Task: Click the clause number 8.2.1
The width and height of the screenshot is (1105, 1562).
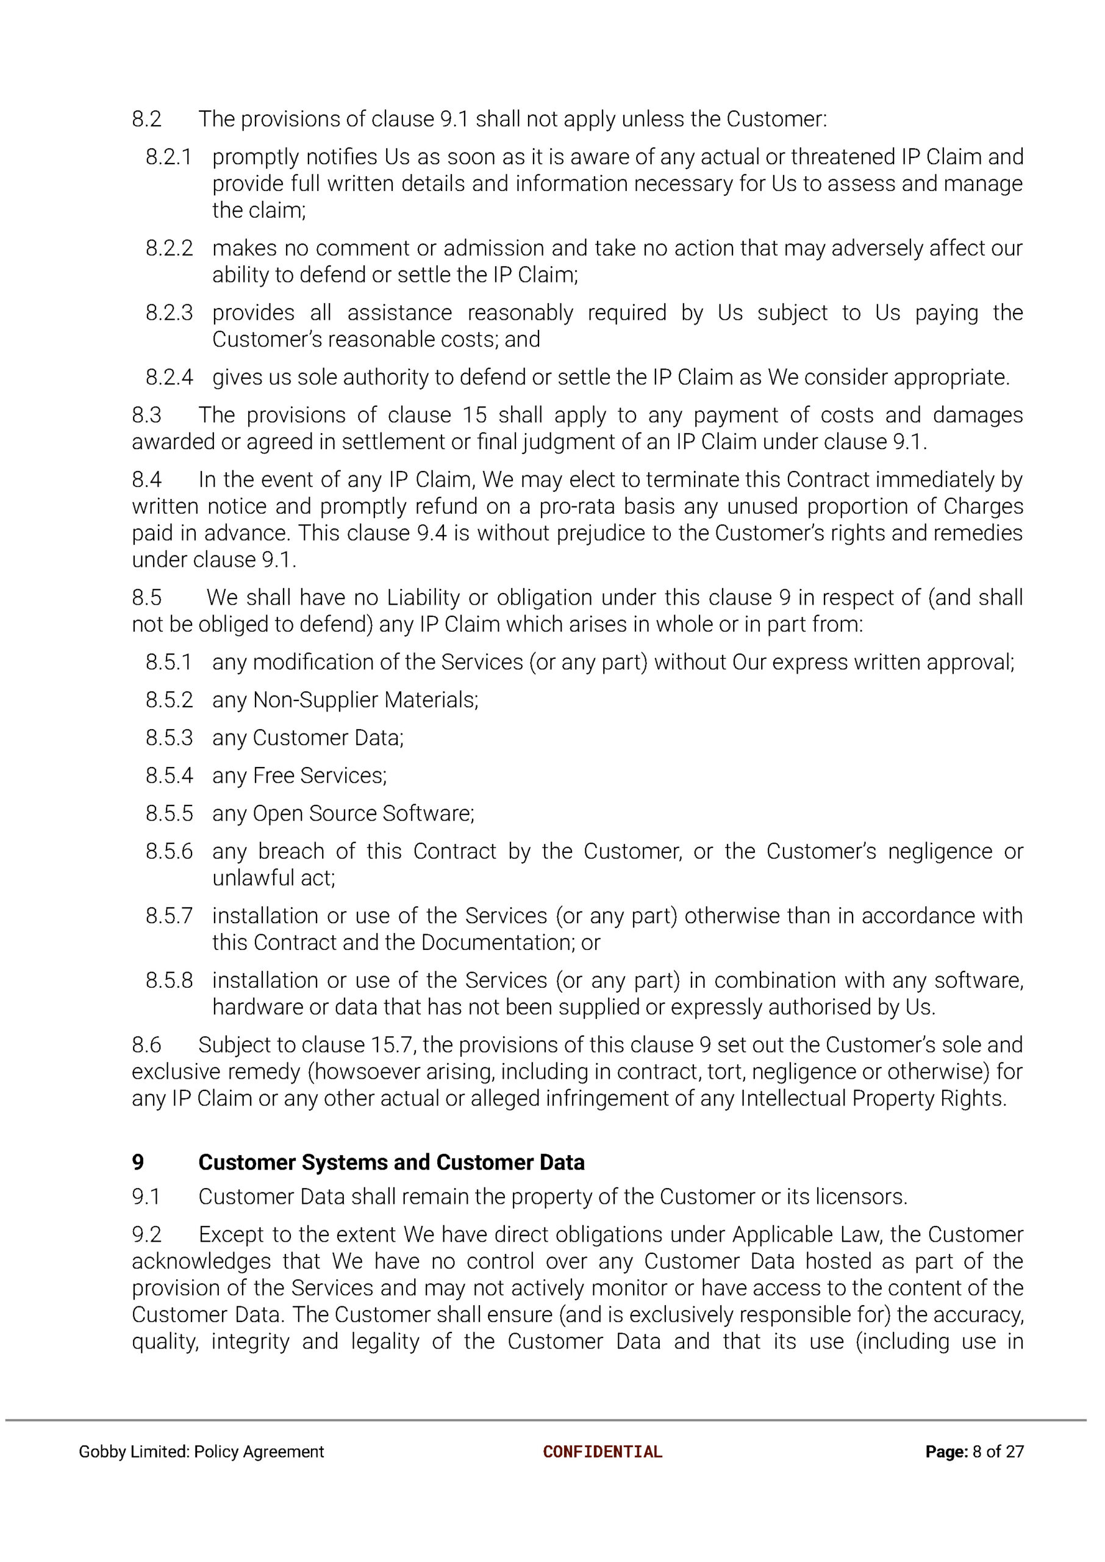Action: [x=169, y=157]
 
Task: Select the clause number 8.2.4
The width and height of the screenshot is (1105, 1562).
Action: [x=169, y=378]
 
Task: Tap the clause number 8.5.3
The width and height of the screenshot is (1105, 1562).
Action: [x=169, y=738]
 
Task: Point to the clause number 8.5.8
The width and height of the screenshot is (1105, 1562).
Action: [x=169, y=981]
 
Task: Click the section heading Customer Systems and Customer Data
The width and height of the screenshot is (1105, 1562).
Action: [x=392, y=1162]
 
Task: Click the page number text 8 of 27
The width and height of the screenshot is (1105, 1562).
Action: [x=998, y=1452]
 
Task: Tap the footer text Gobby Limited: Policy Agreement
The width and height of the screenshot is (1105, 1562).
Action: [x=201, y=1452]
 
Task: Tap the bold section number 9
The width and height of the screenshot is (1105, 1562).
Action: [x=138, y=1162]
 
